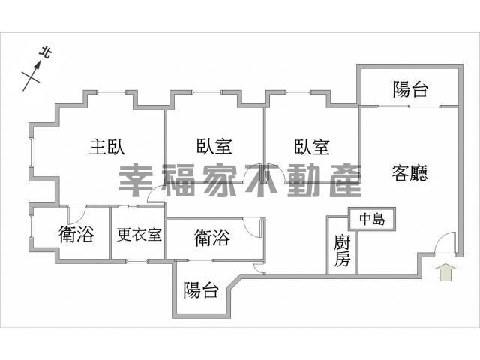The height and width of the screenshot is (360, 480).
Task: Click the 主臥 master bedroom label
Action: click(x=107, y=147)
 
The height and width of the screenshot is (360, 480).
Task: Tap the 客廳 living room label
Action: click(x=409, y=173)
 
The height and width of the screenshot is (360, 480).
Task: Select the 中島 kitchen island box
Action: click(x=372, y=218)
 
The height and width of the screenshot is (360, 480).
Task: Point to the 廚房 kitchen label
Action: click(x=342, y=250)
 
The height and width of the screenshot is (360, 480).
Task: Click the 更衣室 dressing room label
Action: click(x=139, y=235)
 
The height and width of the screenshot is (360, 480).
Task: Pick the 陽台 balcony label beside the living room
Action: click(x=410, y=89)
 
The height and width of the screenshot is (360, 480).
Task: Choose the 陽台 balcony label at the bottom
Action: click(x=201, y=290)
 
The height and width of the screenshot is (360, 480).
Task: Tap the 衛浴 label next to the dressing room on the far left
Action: click(x=76, y=235)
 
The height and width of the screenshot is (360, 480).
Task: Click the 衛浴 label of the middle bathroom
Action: click(x=212, y=238)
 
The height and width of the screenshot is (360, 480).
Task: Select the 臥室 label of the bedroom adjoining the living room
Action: click(x=312, y=147)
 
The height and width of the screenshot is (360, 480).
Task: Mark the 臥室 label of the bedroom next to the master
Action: click(x=214, y=146)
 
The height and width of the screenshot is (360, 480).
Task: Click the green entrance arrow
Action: click(x=445, y=271)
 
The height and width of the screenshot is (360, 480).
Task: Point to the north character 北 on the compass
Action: click(x=46, y=53)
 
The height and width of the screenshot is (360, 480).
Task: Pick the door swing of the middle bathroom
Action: click(x=253, y=228)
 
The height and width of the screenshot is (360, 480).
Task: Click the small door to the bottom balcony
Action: click(x=259, y=268)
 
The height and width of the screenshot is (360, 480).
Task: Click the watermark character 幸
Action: click(x=136, y=181)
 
